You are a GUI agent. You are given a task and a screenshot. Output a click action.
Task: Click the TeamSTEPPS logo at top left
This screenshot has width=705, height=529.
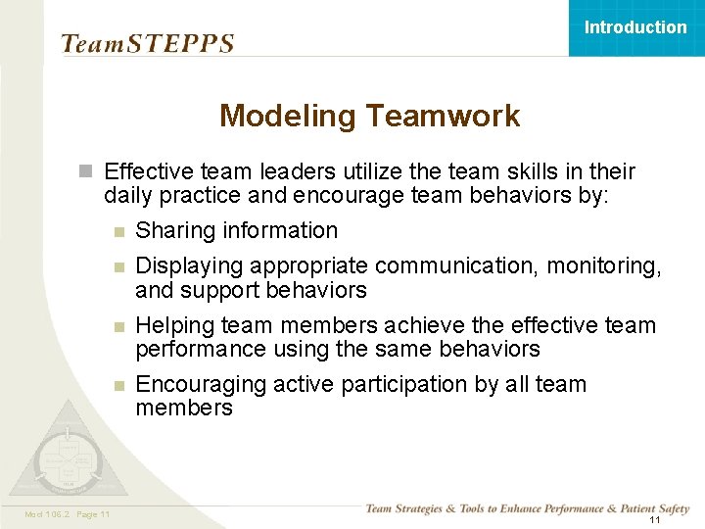(x=147, y=44)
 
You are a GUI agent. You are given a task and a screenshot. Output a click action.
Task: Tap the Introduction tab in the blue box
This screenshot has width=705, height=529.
(x=635, y=27)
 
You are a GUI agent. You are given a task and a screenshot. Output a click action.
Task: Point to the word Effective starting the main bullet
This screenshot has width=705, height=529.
(x=147, y=172)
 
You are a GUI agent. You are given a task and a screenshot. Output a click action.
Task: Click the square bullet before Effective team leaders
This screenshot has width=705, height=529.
(x=86, y=172)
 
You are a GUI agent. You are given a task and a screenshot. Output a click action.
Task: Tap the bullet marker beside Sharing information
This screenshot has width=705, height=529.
(x=118, y=232)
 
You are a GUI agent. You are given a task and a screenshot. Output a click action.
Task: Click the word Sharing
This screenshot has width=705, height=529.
(x=175, y=231)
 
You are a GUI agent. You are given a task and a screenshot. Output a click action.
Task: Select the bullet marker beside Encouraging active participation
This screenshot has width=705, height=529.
(x=118, y=385)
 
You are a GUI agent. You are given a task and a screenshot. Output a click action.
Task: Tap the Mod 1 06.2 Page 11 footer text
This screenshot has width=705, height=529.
(x=66, y=514)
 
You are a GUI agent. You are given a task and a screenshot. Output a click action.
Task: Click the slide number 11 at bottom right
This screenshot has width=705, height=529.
(x=654, y=520)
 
